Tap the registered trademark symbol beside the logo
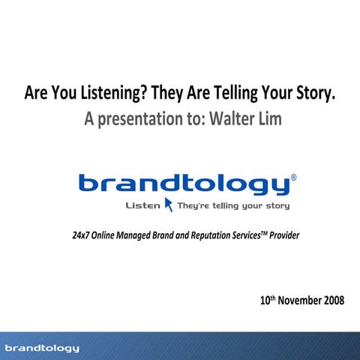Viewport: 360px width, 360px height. click(292, 178)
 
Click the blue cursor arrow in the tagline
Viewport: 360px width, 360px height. click(169, 205)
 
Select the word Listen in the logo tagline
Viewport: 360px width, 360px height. click(144, 205)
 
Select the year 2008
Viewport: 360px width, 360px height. click(333, 301)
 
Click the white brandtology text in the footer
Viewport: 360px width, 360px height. click(42, 348)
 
